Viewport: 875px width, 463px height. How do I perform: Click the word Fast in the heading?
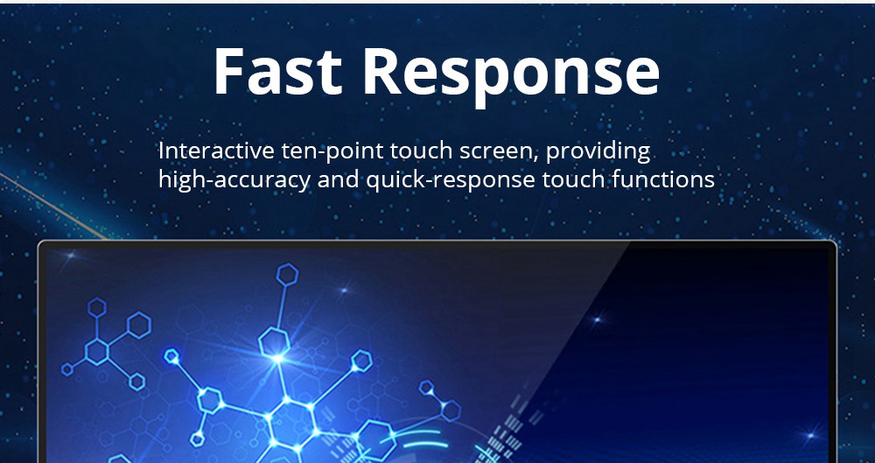(276, 70)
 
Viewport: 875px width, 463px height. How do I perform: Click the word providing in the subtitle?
(598, 152)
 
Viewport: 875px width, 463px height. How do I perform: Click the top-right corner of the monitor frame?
(836, 242)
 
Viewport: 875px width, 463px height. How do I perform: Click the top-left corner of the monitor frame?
(39, 242)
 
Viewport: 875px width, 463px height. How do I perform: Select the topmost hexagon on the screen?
(287, 275)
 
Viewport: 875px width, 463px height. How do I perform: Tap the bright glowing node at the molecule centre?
(277, 357)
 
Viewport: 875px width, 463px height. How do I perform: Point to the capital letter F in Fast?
(228, 70)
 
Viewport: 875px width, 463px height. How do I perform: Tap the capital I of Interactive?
(161, 151)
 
